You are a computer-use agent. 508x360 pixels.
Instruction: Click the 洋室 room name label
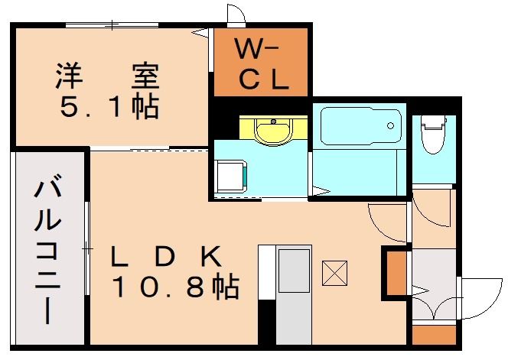click(x=106, y=76)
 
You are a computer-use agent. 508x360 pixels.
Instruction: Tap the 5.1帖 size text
click(x=109, y=108)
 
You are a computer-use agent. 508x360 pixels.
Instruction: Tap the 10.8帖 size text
click(x=175, y=287)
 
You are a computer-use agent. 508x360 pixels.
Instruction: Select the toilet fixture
click(x=433, y=133)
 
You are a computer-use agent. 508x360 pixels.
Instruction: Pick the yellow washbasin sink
click(x=271, y=130)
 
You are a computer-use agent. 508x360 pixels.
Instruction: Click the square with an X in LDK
click(x=334, y=273)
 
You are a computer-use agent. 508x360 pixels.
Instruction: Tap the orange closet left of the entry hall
click(x=396, y=271)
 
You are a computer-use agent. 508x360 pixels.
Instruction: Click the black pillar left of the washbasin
click(x=225, y=126)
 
